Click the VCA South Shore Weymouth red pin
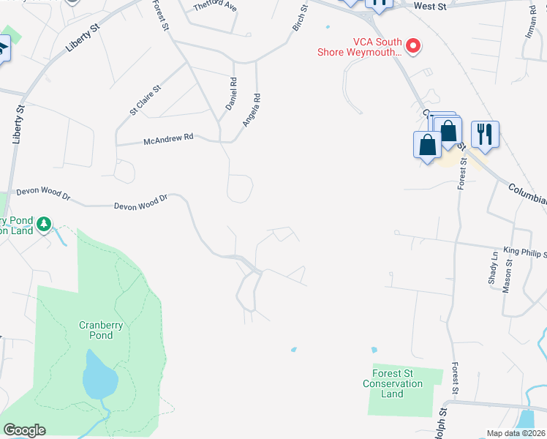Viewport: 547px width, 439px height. click(x=413, y=47)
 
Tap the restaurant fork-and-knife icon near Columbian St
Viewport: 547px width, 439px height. click(x=485, y=134)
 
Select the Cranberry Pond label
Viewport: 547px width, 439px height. click(x=96, y=330)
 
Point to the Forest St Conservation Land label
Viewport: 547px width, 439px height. click(x=393, y=383)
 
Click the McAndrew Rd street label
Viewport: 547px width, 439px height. click(x=168, y=138)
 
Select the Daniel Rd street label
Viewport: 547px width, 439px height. click(x=233, y=94)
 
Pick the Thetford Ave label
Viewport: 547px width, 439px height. click(x=216, y=7)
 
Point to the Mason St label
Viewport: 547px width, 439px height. click(x=507, y=276)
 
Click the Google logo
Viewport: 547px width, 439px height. click(x=25, y=430)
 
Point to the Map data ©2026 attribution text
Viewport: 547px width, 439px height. click(x=515, y=433)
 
